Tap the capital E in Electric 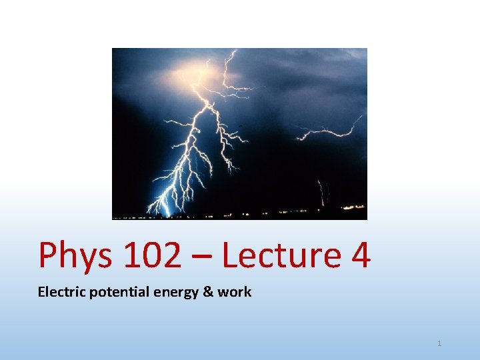41,291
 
